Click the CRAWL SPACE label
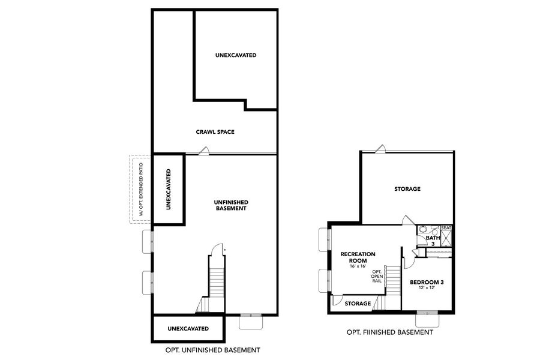point(214,131)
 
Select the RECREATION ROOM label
point(358,257)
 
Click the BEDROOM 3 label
point(426,281)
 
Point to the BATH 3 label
point(433,241)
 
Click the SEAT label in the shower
point(446,228)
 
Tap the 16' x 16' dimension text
point(358,266)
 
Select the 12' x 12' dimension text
point(426,289)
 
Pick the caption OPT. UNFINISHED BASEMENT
point(212,350)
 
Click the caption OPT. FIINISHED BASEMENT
point(389,332)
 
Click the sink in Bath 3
point(423,229)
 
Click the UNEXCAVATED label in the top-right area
point(236,55)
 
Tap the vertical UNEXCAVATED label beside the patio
point(168,189)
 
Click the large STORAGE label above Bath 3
point(407,189)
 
